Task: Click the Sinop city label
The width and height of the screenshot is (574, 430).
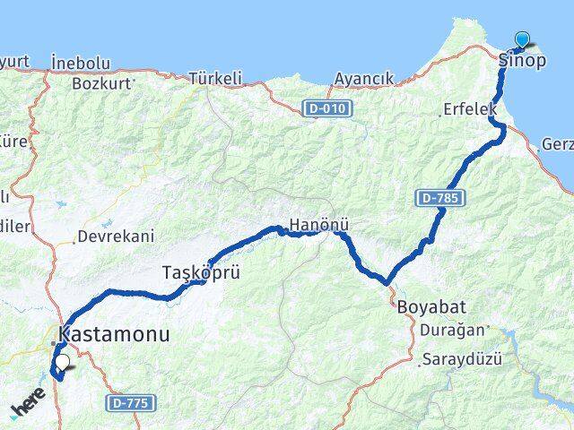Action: (521, 61)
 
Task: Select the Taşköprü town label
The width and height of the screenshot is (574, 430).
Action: (202, 271)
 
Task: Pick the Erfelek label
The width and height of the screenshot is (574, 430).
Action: (469, 108)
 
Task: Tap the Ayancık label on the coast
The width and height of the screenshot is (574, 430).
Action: (363, 79)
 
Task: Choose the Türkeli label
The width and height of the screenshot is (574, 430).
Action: (216, 79)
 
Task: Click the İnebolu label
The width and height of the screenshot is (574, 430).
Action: (81, 63)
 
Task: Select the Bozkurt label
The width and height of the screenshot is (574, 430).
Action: (102, 83)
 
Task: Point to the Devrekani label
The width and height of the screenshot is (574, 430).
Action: (116, 236)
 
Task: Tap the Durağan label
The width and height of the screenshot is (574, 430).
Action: (451, 330)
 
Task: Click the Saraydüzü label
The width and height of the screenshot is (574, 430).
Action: (461, 359)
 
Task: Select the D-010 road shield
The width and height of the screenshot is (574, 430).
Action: (327, 108)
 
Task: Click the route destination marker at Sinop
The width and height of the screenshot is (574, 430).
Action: (522, 39)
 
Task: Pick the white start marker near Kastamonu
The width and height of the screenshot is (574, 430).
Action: (63, 362)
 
